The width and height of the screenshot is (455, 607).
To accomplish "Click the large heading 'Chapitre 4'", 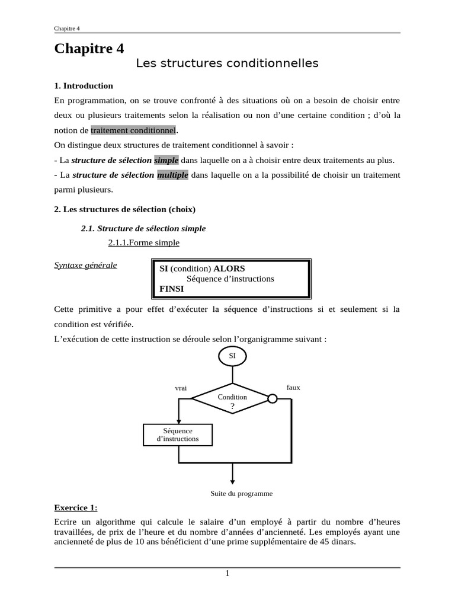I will point(89,49).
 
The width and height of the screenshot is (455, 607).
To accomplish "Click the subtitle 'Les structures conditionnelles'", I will point(227,63).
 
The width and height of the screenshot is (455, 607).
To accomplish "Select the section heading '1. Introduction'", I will point(84,85).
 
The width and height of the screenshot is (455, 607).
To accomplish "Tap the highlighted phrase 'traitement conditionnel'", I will point(133,130).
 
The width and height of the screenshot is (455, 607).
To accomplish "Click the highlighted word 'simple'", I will point(166,160).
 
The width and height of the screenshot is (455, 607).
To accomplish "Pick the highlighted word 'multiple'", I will point(172,175).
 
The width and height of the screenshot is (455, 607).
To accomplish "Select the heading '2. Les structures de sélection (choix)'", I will point(124,209).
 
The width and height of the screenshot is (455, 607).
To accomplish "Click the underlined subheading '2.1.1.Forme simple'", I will point(143,242).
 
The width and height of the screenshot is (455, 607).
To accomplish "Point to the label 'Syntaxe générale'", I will point(85,265).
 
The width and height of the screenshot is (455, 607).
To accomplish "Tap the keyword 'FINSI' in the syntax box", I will point(172,289).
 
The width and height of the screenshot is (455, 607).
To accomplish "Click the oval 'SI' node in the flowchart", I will point(232,356).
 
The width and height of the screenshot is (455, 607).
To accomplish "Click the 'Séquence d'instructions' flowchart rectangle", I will point(178,435).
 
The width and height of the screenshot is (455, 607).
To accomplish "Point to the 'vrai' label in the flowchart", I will point(181,388).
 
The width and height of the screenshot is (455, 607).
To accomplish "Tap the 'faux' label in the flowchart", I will point(293,387).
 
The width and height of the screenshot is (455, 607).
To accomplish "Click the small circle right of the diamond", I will point(273,398).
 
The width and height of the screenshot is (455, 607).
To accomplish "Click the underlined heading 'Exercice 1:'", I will point(76,508).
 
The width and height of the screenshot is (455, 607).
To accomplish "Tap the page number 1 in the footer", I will point(227,573).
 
